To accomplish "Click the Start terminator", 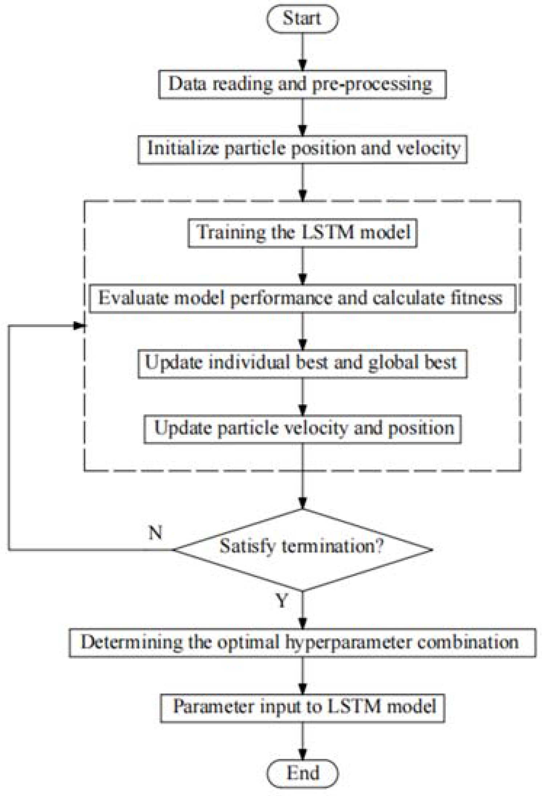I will pos(302,19).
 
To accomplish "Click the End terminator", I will pos(302,773).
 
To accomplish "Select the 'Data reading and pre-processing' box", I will pos(302,84).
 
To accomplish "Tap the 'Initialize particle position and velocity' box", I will pos(302,149).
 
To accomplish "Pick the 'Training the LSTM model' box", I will pos(302,233).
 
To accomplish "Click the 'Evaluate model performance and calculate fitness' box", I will pos(302,298).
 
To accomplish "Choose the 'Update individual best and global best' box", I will pos(302,363).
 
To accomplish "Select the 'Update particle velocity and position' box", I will pos(302,429).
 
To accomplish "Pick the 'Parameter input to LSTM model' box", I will pos(302,707).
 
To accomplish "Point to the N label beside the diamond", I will pos(155,533).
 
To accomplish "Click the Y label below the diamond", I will pos(282,601).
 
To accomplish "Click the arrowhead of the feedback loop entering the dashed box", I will pos(79,326).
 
